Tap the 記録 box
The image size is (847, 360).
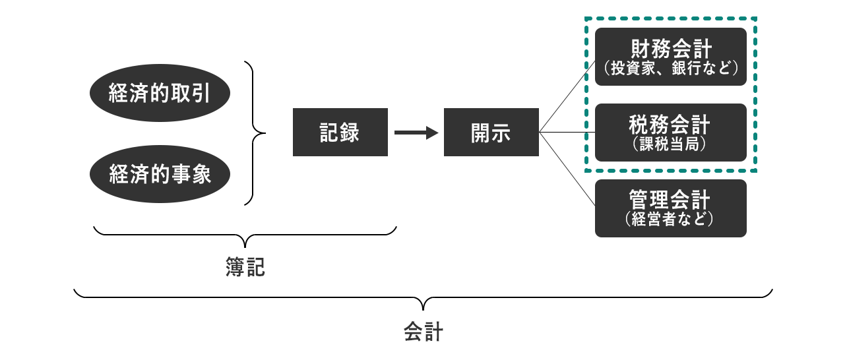click(x=340, y=133)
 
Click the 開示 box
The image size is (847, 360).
click(x=491, y=133)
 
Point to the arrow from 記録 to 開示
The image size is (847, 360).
click(x=416, y=133)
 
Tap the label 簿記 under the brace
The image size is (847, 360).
click(x=245, y=267)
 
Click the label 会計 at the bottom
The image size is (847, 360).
click(x=423, y=330)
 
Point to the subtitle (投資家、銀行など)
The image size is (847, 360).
click(x=670, y=69)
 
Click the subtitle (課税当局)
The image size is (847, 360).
click(x=670, y=144)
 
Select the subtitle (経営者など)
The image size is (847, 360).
click(x=670, y=220)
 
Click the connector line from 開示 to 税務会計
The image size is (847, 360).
click(x=567, y=133)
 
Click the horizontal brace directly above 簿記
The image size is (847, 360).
click(x=245, y=234)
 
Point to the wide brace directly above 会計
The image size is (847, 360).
click(x=423, y=297)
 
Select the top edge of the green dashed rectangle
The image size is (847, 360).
click(x=670, y=19)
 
